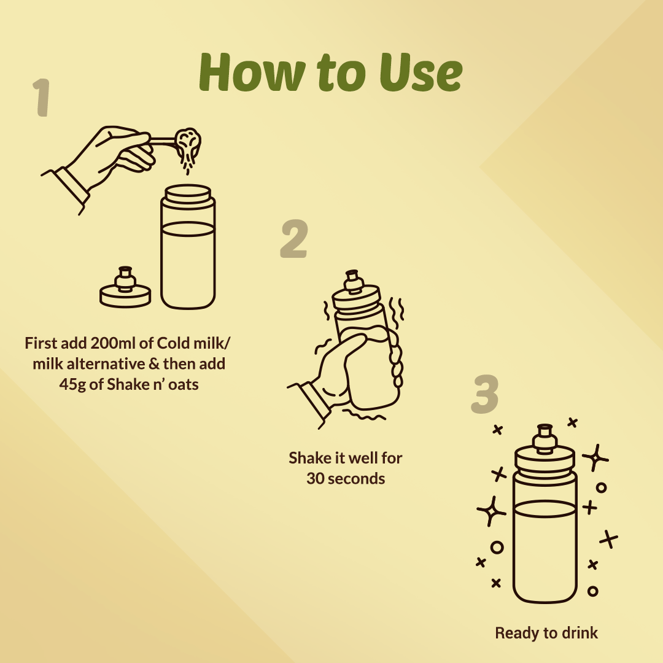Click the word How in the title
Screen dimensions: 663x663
click(252, 72)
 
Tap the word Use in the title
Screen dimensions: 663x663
click(421, 72)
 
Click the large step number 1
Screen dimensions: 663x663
click(42, 97)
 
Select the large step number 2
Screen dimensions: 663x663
click(294, 238)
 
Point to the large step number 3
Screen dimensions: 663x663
click(485, 394)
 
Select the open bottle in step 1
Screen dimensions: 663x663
click(188, 247)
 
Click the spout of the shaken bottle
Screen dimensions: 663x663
click(353, 282)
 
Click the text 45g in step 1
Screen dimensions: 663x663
click(72, 385)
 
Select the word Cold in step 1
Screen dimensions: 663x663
click(173, 343)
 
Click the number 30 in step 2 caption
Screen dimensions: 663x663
click(315, 479)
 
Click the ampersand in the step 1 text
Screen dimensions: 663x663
click(154, 363)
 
